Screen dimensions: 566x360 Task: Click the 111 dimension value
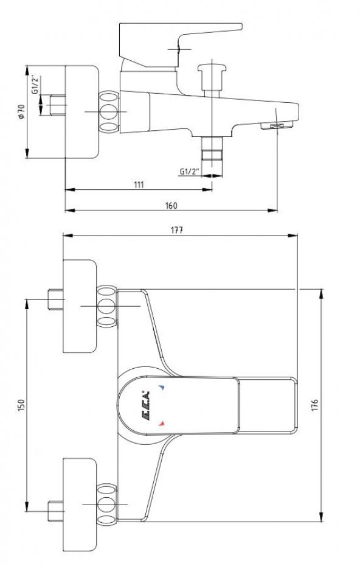[x=139, y=184]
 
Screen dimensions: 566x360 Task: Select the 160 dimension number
[x=171, y=206]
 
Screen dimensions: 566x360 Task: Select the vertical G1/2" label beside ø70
[x=35, y=86]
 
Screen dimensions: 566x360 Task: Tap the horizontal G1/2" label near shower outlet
[x=189, y=172]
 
